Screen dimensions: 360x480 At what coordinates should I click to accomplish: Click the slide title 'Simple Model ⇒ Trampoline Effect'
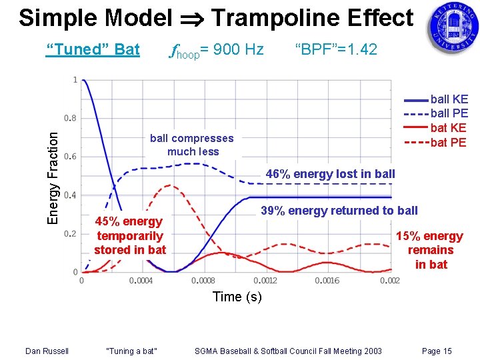tap(216, 18)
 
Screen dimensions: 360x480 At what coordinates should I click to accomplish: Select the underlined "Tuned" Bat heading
tap(93, 49)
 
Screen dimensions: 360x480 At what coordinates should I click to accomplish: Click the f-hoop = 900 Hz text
tap(217, 50)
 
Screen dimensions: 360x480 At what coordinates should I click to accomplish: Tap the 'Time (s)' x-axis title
tap(237, 297)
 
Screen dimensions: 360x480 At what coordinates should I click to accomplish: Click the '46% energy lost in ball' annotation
tap(330, 174)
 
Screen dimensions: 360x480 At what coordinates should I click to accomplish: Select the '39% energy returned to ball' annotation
tap(339, 211)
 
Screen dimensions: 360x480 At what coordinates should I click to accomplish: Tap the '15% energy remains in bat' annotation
tap(429, 250)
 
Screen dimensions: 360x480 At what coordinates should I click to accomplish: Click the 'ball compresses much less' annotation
tap(192, 145)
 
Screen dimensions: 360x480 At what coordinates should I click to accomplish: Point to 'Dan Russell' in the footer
tap(46, 351)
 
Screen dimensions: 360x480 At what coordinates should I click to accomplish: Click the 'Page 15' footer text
tap(437, 351)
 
